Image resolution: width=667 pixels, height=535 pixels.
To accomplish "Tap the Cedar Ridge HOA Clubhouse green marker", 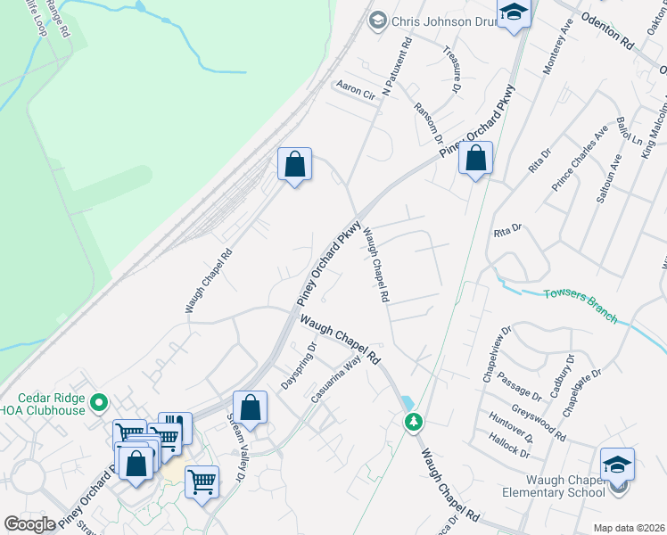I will coord(99,403).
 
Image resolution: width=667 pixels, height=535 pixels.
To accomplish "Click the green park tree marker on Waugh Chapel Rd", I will coord(413,421).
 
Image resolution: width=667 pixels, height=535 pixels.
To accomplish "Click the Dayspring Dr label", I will coord(300,360).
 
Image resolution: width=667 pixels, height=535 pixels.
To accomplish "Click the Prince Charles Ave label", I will coord(580,157).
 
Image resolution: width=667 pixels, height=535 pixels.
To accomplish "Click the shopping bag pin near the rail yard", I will coord(294,164).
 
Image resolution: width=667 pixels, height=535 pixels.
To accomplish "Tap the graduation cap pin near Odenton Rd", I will coord(514,13).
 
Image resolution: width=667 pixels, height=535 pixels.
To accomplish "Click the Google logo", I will coord(29,524).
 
